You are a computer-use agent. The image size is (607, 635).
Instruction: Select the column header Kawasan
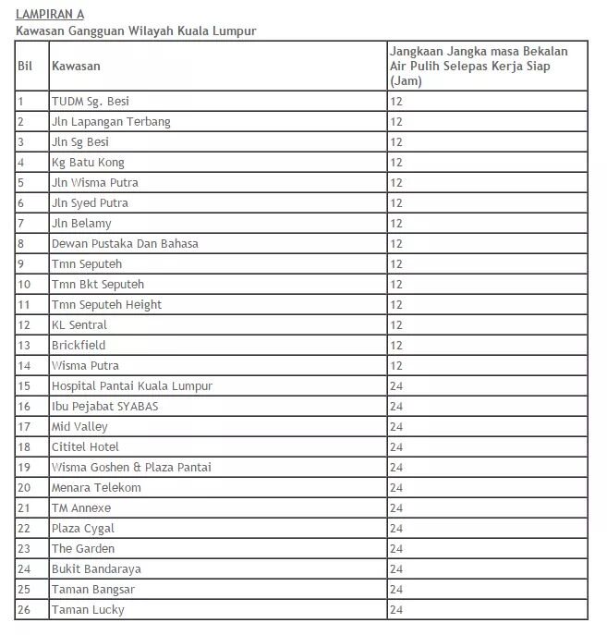coord(76,66)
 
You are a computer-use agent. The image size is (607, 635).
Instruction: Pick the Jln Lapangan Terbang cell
coord(111,122)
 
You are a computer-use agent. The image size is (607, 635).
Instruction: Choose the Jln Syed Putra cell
coord(90,203)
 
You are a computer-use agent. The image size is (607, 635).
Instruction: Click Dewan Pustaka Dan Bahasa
coord(125,244)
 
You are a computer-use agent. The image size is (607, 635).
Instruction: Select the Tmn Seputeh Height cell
coord(106,305)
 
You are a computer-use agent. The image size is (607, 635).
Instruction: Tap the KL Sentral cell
coord(79,325)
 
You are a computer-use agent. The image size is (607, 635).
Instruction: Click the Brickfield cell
coord(79,346)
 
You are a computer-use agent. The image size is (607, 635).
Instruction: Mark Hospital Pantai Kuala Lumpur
coord(132,386)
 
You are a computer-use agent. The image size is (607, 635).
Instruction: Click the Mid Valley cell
coord(79,427)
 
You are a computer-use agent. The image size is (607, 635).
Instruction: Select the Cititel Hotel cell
coord(85,447)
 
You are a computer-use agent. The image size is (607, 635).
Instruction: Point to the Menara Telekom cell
coord(96,488)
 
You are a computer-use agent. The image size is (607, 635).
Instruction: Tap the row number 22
coord(24,529)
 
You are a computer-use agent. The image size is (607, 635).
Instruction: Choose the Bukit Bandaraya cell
coord(96,569)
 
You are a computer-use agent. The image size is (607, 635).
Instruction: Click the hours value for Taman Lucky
coord(395,610)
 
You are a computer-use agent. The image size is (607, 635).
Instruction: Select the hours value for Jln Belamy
coord(395,224)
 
